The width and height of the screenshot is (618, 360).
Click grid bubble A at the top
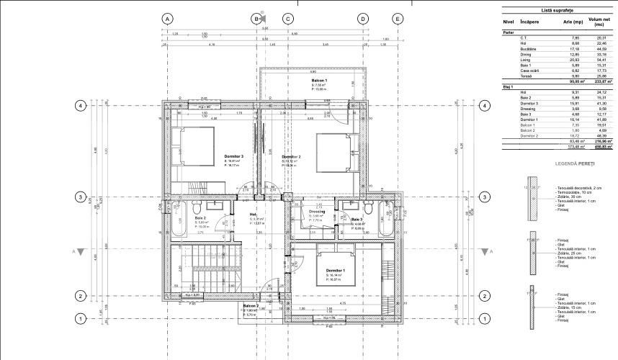pyautogui.click(x=167, y=19)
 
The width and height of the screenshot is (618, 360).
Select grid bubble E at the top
pyautogui.click(x=397, y=19)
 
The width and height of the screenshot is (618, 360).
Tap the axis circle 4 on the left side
pyautogui.click(x=81, y=106)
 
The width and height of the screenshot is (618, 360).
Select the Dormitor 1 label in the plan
pyautogui.click(x=335, y=269)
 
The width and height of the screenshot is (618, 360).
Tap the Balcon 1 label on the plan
pyautogui.click(x=319, y=81)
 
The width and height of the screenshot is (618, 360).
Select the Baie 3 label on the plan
pyautogui.click(x=357, y=220)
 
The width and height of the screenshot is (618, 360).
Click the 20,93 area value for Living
pyautogui.click(x=574, y=60)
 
